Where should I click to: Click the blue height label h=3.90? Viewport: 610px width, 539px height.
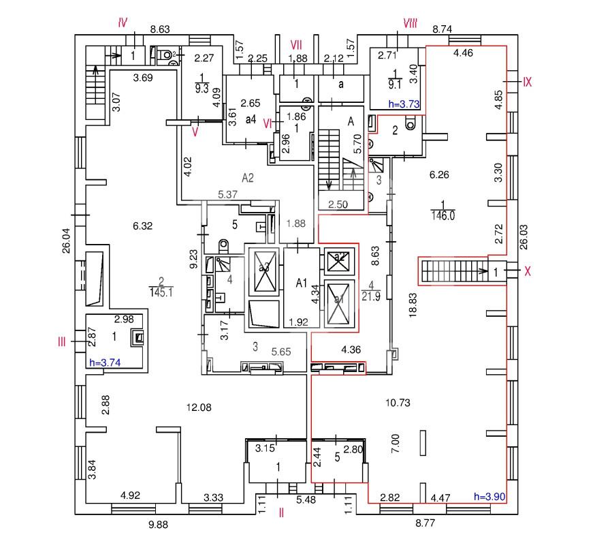pos(489,497)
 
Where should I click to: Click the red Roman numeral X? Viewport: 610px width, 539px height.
pos(527,271)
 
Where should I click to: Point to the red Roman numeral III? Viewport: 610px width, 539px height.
pos(62,342)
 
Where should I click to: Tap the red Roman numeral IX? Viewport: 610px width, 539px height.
pos(527,82)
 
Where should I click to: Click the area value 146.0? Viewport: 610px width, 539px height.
pos(443,216)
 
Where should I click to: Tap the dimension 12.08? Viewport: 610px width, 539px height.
pos(199,407)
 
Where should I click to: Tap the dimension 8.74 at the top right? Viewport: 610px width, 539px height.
pos(445,29)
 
